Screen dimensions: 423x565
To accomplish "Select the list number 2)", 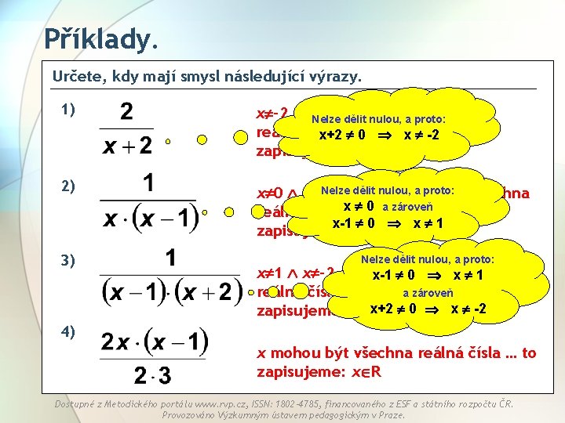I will pyautogui.click(x=67, y=186).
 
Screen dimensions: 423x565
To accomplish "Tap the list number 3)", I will pyautogui.click(x=67, y=260).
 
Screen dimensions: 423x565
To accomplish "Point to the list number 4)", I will pyautogui.click(x=67, y=331).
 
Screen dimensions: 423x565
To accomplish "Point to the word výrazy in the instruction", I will pyautogui.click(x=338, y=77).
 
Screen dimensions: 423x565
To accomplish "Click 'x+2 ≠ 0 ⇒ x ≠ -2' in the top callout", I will pyautogui.click(x=379, y=134).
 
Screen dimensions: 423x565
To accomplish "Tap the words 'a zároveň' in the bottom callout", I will pyautogui.click(x=428, y=292).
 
